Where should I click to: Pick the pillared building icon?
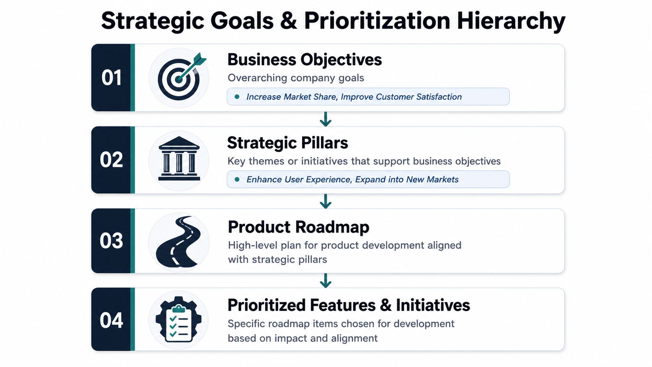179,159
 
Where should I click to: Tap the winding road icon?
178,241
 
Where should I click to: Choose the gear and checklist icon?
179,319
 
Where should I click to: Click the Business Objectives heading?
305,60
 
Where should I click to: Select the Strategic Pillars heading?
287,143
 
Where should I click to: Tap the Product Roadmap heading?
299,227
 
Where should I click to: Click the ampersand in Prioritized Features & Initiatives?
385,305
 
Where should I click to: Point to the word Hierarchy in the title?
511,21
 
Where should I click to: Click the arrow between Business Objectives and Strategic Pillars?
326,119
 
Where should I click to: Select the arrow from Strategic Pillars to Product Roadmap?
326,201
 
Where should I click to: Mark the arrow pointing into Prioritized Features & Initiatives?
326,280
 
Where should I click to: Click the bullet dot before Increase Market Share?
237,97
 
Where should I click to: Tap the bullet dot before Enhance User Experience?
237,179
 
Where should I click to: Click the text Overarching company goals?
296,78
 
